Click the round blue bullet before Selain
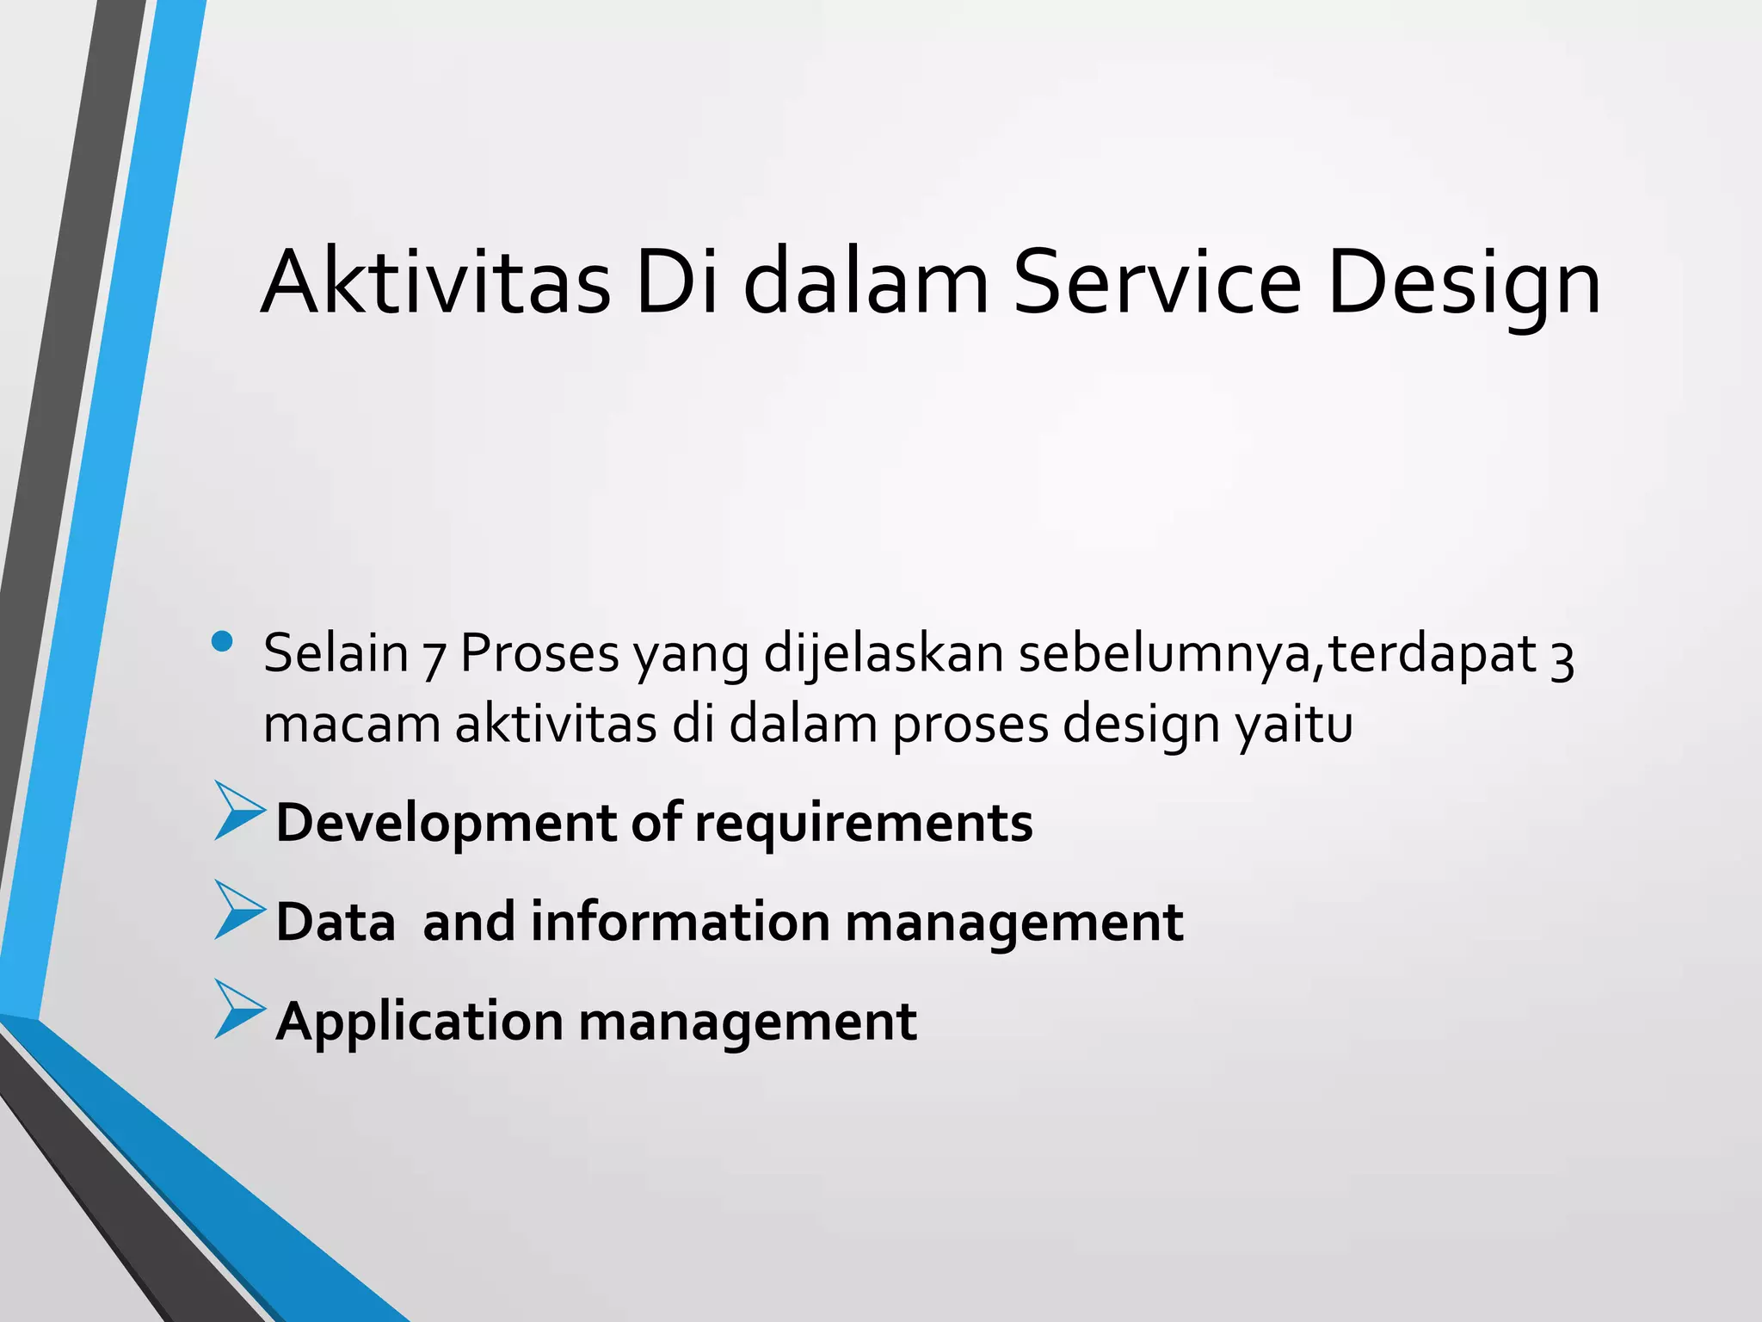click(x=222, y=641)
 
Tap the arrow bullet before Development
click(x=238, y=811)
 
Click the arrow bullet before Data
click(x=238, y=910)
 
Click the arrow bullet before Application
click(x=238, y=1009)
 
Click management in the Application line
click(x=747, y=1022)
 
